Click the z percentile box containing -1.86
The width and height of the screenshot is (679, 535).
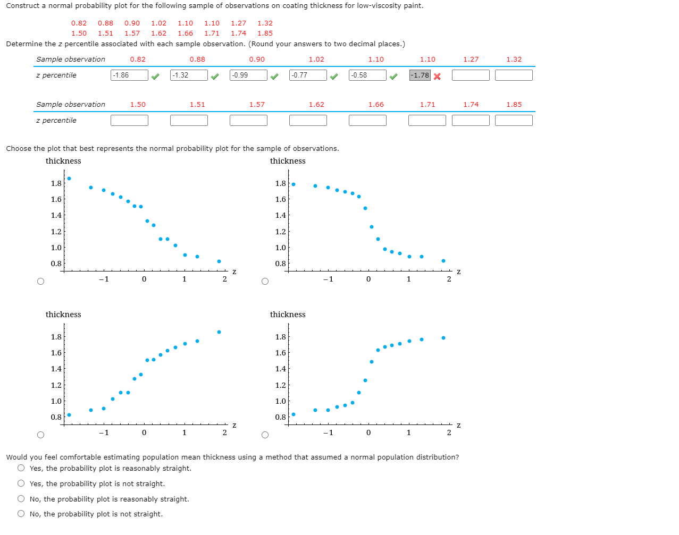129,75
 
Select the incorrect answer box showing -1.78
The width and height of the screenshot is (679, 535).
420,75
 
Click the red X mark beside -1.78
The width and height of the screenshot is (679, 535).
437,77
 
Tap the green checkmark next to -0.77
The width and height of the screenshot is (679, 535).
334,77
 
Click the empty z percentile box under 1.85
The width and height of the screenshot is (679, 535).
514,121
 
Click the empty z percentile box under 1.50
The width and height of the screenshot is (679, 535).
129,121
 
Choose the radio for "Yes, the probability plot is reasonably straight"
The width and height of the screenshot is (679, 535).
21,468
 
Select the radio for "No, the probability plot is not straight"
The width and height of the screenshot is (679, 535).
21,514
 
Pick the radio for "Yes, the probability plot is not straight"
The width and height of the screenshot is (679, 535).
21,483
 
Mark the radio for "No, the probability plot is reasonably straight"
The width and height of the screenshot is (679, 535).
21,499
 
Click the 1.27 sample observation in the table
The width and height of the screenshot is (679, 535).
471,60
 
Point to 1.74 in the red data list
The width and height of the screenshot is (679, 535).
238,33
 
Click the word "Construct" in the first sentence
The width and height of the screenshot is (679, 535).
23,6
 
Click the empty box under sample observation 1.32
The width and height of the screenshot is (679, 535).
514,75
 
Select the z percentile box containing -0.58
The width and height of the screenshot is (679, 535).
367,75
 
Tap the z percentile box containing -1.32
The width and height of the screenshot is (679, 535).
189,75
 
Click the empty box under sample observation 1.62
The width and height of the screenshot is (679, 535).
308,121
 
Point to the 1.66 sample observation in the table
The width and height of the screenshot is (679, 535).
376,105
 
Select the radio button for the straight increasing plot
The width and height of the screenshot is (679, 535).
41,435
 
